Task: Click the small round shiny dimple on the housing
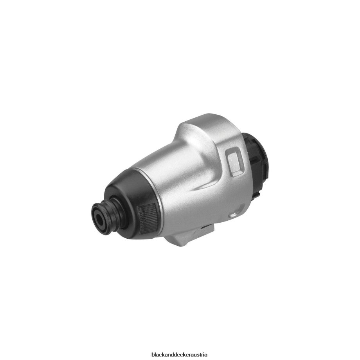[x=234, y=215]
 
